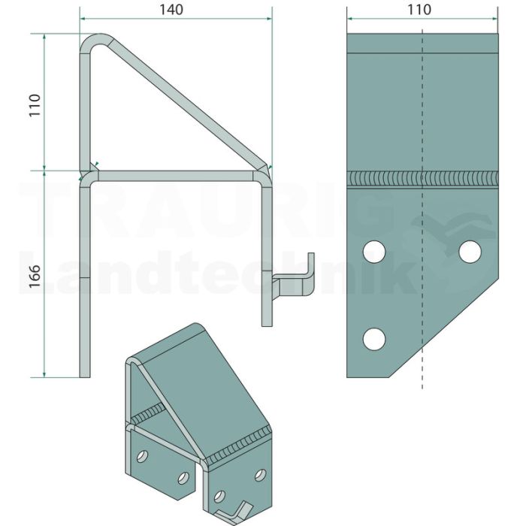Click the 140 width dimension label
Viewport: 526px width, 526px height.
pyautogui.click(x=171, y=10)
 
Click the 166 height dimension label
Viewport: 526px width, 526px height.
pyautogui.click(x=35, y=277)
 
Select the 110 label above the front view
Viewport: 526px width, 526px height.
pyautogui.click(x=419, y=10)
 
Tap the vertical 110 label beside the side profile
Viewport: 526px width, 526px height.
pyautogui.click(x=35, y=105)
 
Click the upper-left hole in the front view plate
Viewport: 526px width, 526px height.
pyautogui.click(x=374, y=252)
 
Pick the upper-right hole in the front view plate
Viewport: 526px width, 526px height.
pyautogui.click(x=470, y=252)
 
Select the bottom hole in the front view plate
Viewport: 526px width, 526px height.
pyautogui.click(x=374, y=339)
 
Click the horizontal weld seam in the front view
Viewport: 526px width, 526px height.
pyautogui.click(x=422, y=179)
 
